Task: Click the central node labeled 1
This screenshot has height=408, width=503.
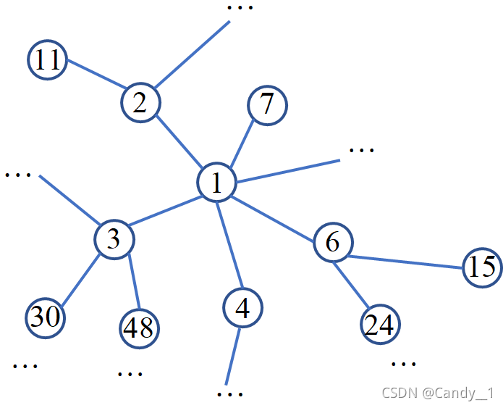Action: point(217,182)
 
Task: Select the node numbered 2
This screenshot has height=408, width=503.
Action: point(140,102)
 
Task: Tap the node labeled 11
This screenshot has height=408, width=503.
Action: point(47,59)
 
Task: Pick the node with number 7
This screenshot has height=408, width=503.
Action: point(267,104)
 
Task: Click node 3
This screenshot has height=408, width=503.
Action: point(114,238)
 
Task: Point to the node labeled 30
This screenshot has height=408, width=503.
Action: point(45,317)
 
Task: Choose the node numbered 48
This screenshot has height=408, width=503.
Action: point(138,328)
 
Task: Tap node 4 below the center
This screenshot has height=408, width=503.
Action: point(242,308)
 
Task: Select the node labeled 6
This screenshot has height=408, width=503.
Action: point(332,242)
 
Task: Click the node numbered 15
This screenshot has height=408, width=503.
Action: point(481,267)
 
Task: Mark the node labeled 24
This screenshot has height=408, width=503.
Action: point(380,324)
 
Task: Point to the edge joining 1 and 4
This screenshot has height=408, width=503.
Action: point(229,245)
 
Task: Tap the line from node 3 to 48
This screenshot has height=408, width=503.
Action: point(133,282)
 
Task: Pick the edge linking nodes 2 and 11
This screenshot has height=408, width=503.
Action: point(94,80)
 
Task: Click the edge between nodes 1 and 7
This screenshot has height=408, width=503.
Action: point(242,143)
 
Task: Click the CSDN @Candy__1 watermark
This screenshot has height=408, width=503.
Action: point(437,392)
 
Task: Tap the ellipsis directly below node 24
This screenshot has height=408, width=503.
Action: point(403,363)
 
